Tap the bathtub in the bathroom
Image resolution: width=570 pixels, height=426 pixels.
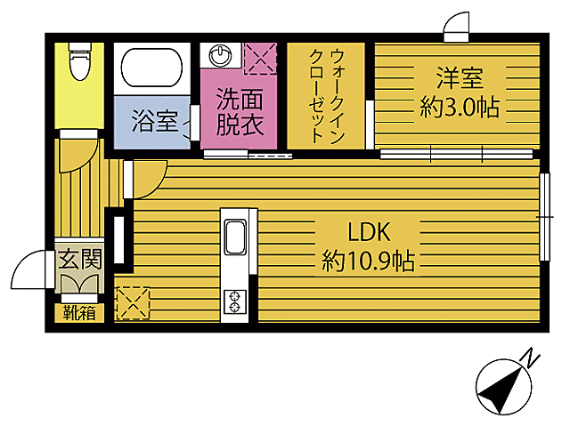[151, 68]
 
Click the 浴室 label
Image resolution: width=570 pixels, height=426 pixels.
[154, 120]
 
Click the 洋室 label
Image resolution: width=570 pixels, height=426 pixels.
[459, 78]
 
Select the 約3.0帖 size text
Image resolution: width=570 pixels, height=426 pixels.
[459, 109]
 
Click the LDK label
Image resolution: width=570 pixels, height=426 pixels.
[370, 232]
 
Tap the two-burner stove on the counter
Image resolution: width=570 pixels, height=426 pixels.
[236, 301]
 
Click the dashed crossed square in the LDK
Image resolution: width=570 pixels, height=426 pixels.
[132, 302]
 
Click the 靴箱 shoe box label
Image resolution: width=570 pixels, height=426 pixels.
[79, 312]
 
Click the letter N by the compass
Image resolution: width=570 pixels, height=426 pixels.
[531, 358]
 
